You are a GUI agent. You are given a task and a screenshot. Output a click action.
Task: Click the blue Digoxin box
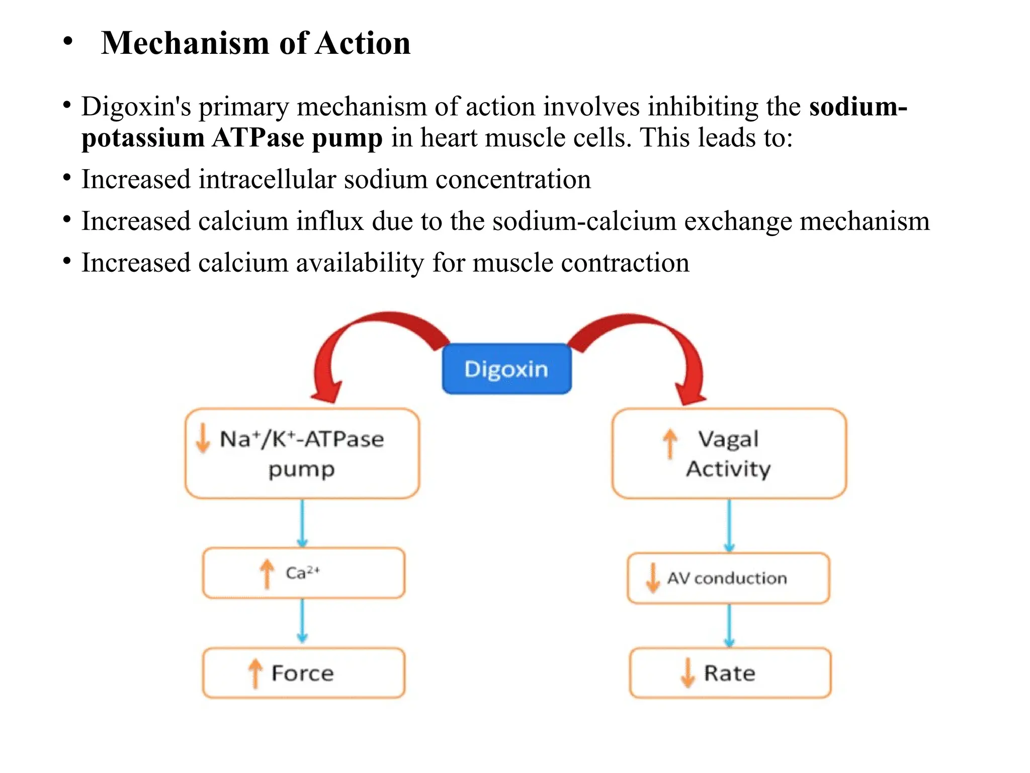(x=506, y=369)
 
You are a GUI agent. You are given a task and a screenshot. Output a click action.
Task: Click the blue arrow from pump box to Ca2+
(x=302, y=523)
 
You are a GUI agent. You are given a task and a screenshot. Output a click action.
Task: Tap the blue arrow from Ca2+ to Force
(x=302, y=621)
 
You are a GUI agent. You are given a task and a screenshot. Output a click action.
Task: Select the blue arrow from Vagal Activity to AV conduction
(x=729, y=526)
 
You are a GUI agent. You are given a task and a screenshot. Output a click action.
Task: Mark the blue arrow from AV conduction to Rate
(x=729, y=626)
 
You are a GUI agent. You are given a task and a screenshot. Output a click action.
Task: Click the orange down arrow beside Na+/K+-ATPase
(x=203, y=438)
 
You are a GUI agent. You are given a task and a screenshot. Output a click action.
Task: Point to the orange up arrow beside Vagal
(x=670, y=443)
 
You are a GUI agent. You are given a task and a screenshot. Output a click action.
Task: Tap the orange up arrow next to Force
(x=255, y=673)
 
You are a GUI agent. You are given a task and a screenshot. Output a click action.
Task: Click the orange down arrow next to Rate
(x=688, y=673)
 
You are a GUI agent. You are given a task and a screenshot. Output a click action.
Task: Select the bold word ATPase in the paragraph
(x=258, y=137)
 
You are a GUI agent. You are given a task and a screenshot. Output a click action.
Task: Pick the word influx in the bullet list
(x=330, y=221)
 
